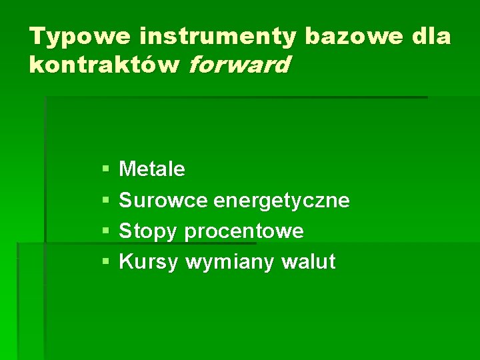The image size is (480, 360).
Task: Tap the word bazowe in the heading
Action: tap(353, 37)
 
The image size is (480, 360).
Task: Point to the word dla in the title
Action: tap(431, 37)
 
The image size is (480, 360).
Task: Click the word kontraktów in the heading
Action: tap(105, 65)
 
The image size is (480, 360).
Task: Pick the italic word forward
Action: tap(239, 65)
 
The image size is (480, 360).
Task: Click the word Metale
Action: tap(151, 169)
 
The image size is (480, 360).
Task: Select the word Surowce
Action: tap(163, 201)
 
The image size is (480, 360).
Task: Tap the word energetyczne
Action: tap(281, 201)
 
